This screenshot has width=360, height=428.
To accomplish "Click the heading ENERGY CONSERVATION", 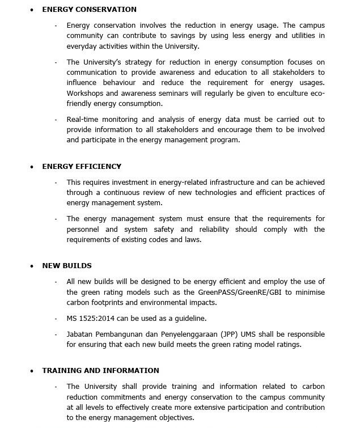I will click(89, 10).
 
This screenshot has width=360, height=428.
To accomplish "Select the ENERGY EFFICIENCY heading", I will click(82, 167).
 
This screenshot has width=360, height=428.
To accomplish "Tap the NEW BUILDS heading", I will click(66, 266).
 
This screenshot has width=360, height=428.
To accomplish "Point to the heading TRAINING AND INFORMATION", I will click(100, 371).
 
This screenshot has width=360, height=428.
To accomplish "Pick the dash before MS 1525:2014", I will click(56, 319).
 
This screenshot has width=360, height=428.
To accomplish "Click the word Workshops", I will click(84, 93).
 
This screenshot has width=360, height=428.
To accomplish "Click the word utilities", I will click(301, 36).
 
